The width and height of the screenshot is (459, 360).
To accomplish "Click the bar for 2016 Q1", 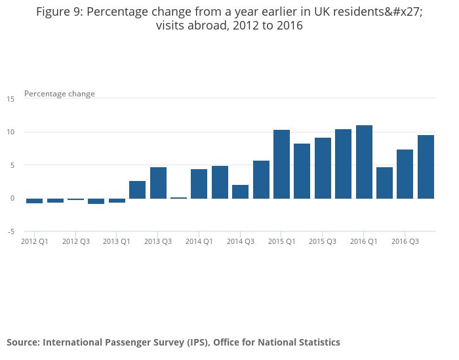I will pyautogui.click(x=364, y=162).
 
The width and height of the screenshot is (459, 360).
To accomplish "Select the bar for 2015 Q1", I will pyautogui.click(x=281, y=164).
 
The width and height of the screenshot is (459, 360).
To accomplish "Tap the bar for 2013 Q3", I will pyautogui.click(x=158, y=183).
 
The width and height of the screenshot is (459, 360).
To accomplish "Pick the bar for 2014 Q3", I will pyautogui.click(x=240, y=191).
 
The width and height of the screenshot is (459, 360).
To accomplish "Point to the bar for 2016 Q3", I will pyautogui.click(x=405, y=174).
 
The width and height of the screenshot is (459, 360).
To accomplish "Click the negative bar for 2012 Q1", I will pyautogui.click(x=35, y=201).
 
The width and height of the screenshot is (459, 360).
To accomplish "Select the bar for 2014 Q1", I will pyautogui.click(x=199, y=184).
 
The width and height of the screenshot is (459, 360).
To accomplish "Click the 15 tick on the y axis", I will pyautogui.click(x=10, y=99).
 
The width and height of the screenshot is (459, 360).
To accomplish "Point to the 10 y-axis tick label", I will pyautogui.click(x=10, y=132).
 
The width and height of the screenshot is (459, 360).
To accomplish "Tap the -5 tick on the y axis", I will pyautogui.click(x=10, y=231).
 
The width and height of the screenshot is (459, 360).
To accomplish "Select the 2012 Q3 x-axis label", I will pyautogui.click(x=76, y=241).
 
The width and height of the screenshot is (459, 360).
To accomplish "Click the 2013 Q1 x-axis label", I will pyautogui.click(x=117, y=241).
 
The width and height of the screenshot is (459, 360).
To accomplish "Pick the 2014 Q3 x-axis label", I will pyautogui.click(x=241, y=241).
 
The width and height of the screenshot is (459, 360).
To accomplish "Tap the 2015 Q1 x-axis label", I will pyautogui.click(x=281, y=241).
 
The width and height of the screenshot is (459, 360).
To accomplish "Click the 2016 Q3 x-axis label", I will pyautogui.click(x=405, y=241).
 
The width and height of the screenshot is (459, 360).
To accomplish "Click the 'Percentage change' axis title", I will pyautogui.click(x=60, y=94).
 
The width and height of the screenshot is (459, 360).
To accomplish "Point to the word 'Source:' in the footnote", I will pyautogui.click(x=23, y=342).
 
